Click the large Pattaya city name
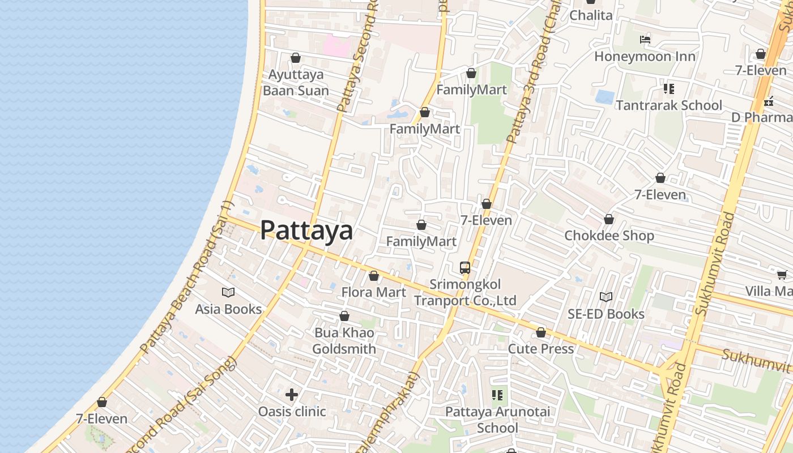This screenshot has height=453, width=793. (x=306, y=230)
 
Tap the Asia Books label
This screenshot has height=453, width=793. (x=228, y=309)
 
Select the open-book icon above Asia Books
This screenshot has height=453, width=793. (x=228, y=293)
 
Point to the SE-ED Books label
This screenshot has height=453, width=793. (x=606, y=314)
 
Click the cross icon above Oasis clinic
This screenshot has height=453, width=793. (x=292, y=395)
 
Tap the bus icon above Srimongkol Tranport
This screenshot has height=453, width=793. (x=465, y=268)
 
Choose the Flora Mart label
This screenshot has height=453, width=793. (x=374, y=292)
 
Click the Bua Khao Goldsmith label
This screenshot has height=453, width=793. (x=344, y=341)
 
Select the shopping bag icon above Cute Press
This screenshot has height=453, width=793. (x=541, y=333)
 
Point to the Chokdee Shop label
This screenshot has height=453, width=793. (x=609, y=236)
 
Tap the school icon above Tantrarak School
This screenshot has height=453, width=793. (x=669, y=89)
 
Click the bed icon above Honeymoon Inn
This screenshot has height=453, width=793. (x=645, y=40)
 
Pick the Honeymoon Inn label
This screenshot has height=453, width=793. (x=645, y=57)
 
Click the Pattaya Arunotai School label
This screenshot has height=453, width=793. (x=497, y=420)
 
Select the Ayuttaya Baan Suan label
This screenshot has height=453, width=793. (x=296, y=83)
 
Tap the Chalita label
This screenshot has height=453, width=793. (x=591, y=15)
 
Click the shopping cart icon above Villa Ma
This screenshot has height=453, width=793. (x=782, y=275)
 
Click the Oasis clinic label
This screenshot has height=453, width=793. (x=292, y=412)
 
